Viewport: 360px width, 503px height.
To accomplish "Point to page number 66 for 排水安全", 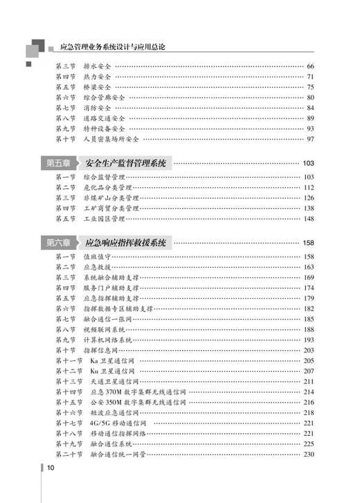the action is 310,66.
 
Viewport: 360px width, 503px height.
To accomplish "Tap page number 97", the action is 310,139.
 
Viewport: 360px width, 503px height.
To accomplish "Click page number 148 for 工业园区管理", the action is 308,219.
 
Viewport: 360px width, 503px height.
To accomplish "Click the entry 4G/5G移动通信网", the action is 117,422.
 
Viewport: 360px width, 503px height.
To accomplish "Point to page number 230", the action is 308,454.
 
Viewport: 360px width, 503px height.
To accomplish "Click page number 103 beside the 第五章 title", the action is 308,164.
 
